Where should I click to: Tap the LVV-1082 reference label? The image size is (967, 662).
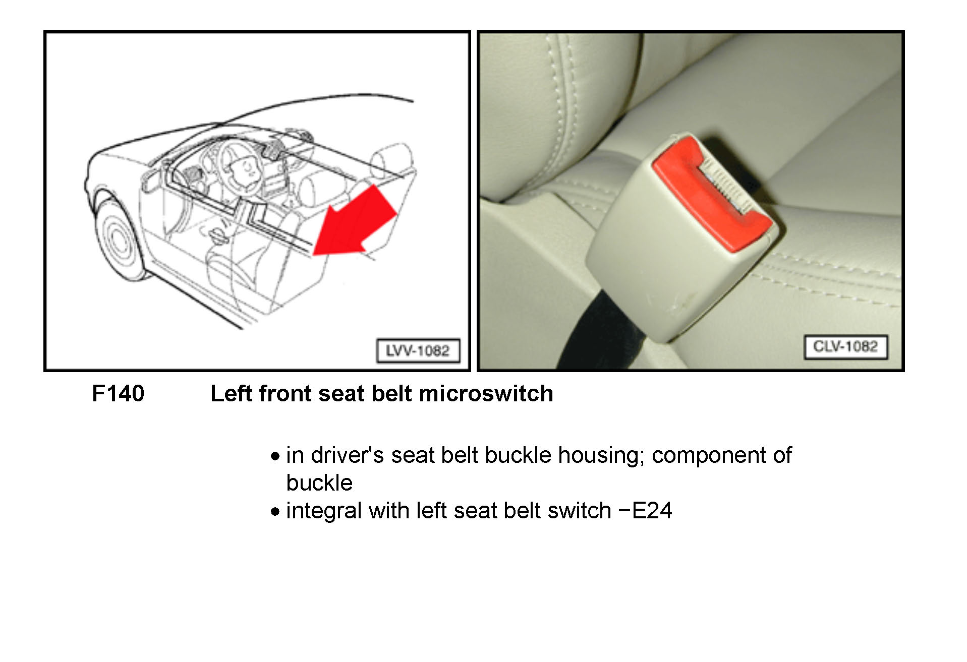pos(418,350)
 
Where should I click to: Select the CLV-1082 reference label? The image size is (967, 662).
pos(845,346)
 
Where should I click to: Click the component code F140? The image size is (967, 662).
pos(118,393)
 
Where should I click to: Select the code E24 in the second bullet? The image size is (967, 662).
pos(652,511)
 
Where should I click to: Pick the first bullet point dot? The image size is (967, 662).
pos(275,457)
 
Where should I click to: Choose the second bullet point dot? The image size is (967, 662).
pos(275,512)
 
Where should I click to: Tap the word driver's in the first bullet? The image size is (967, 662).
pos(348,455)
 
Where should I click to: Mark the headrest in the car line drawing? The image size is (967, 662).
pos(392,159)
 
